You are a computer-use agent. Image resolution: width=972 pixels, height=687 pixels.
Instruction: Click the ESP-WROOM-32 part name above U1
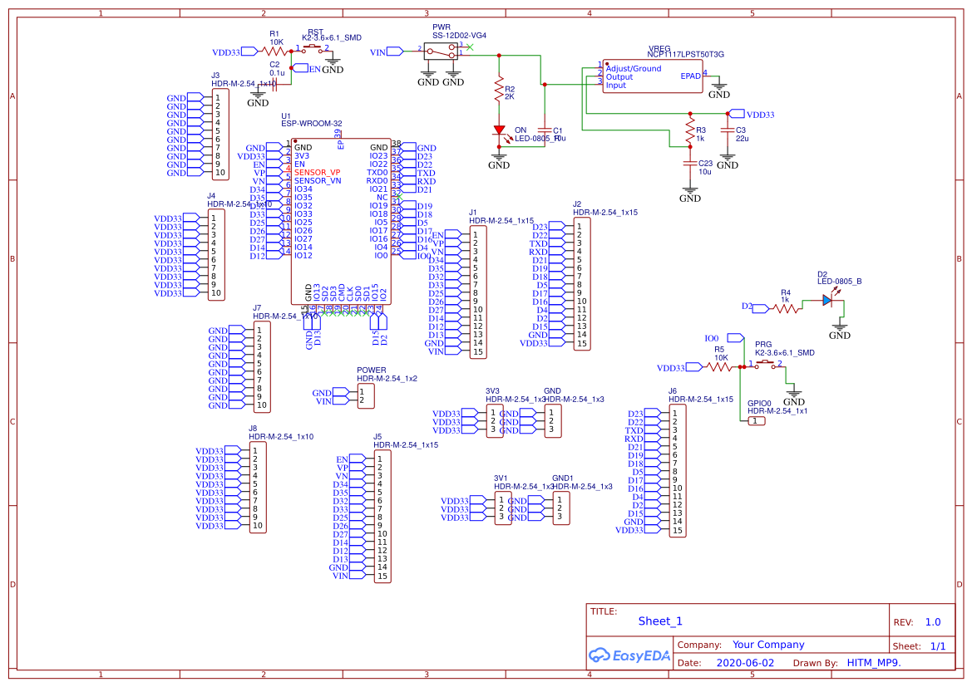point(312,124)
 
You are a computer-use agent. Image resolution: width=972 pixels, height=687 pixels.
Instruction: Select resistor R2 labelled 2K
point(499,89)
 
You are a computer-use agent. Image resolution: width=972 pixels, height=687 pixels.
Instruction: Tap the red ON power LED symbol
point(499,130)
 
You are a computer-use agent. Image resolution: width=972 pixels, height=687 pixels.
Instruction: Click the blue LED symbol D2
point(826,301)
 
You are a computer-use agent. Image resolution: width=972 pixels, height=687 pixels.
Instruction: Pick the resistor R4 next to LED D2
point(786,307)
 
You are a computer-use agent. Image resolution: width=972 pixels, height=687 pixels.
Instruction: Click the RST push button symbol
point(313,49)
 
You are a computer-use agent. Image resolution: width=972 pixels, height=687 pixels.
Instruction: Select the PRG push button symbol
point(766,366)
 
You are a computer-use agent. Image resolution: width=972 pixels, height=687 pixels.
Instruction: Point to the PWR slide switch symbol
point(441,51)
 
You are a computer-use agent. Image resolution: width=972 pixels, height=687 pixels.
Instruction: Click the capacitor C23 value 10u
point(704,171)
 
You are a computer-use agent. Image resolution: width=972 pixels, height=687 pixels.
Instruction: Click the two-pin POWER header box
point(365,396)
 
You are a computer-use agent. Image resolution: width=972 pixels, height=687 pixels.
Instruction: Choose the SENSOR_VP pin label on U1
point(317,172)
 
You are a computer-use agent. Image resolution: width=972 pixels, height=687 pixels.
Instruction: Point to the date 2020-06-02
point(744,663)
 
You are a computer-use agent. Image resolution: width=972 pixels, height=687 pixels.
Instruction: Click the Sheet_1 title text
point(660,621)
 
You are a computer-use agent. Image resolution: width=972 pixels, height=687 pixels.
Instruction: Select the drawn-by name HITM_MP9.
point(873,663)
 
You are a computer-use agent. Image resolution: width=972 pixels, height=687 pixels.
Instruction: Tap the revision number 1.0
point(932,622)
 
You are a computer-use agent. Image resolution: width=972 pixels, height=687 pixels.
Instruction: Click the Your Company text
point(767,645)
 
